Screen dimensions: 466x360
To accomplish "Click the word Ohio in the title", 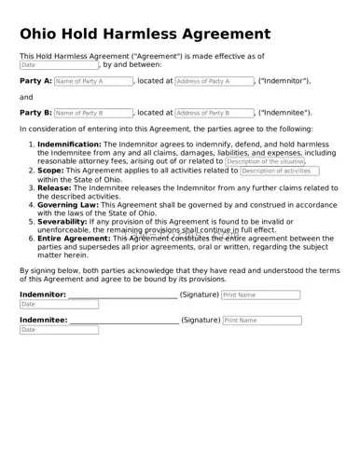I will point(45,34).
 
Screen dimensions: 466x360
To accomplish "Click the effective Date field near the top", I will point(58,65).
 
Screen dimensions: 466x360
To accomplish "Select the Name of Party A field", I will point(92,81).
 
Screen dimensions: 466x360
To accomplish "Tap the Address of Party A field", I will point(214,81).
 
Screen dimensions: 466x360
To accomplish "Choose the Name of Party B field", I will point(92,113).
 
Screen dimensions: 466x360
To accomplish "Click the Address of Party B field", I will point(214,113).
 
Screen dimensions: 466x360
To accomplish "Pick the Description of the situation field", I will point(264,161).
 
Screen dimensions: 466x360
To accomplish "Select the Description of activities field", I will point(279,171).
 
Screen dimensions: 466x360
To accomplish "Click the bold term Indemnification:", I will point(68,145).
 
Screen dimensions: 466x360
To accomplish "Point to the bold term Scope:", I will point(50,171).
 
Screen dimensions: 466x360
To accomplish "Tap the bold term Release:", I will point(55,187).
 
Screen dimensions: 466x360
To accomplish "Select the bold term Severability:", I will point(62,221).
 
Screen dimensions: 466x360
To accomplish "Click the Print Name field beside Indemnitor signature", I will point(260,295).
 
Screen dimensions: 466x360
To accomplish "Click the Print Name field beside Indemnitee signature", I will point(262,320).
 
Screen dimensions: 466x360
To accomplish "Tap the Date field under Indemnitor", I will point(58,305).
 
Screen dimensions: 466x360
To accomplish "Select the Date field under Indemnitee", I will point(58,330).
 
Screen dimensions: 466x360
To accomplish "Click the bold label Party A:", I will point(35,81).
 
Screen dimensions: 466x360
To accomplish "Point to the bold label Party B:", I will point(35,113).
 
